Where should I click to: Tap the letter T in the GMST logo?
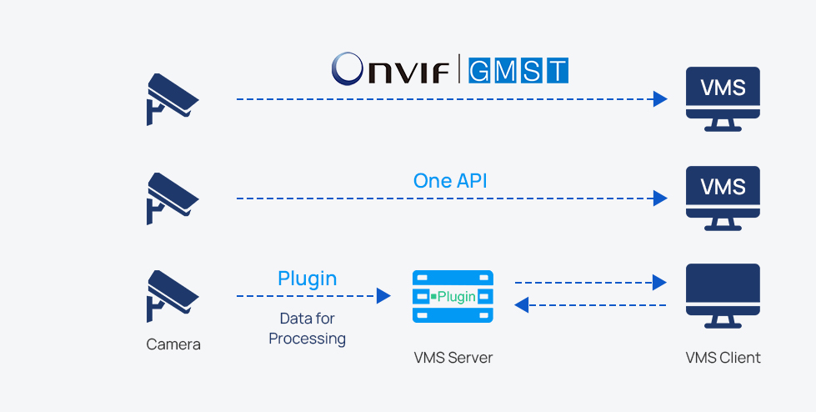tap(557, 70)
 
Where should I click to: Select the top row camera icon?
tap(172, 99)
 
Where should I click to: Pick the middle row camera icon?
tap(172, 198)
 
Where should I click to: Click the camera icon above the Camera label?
tap(172, 296)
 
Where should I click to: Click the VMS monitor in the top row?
tap(723, 98)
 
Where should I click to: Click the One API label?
tap(450, 181)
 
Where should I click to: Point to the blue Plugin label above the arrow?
tap(307, 278)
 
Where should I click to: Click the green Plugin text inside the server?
tap(457, 296)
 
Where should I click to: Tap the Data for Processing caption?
tap(307, 329)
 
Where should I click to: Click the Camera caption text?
tap(173, 344)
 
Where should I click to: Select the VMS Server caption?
tap(453, 358)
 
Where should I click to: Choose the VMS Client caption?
tap(723, 358)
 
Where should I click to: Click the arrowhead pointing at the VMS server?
tap(383, 296)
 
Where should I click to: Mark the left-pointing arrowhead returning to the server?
tap(522, 305)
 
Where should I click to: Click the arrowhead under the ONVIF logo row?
tap(660, 99)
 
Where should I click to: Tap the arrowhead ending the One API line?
tap(660, 198)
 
